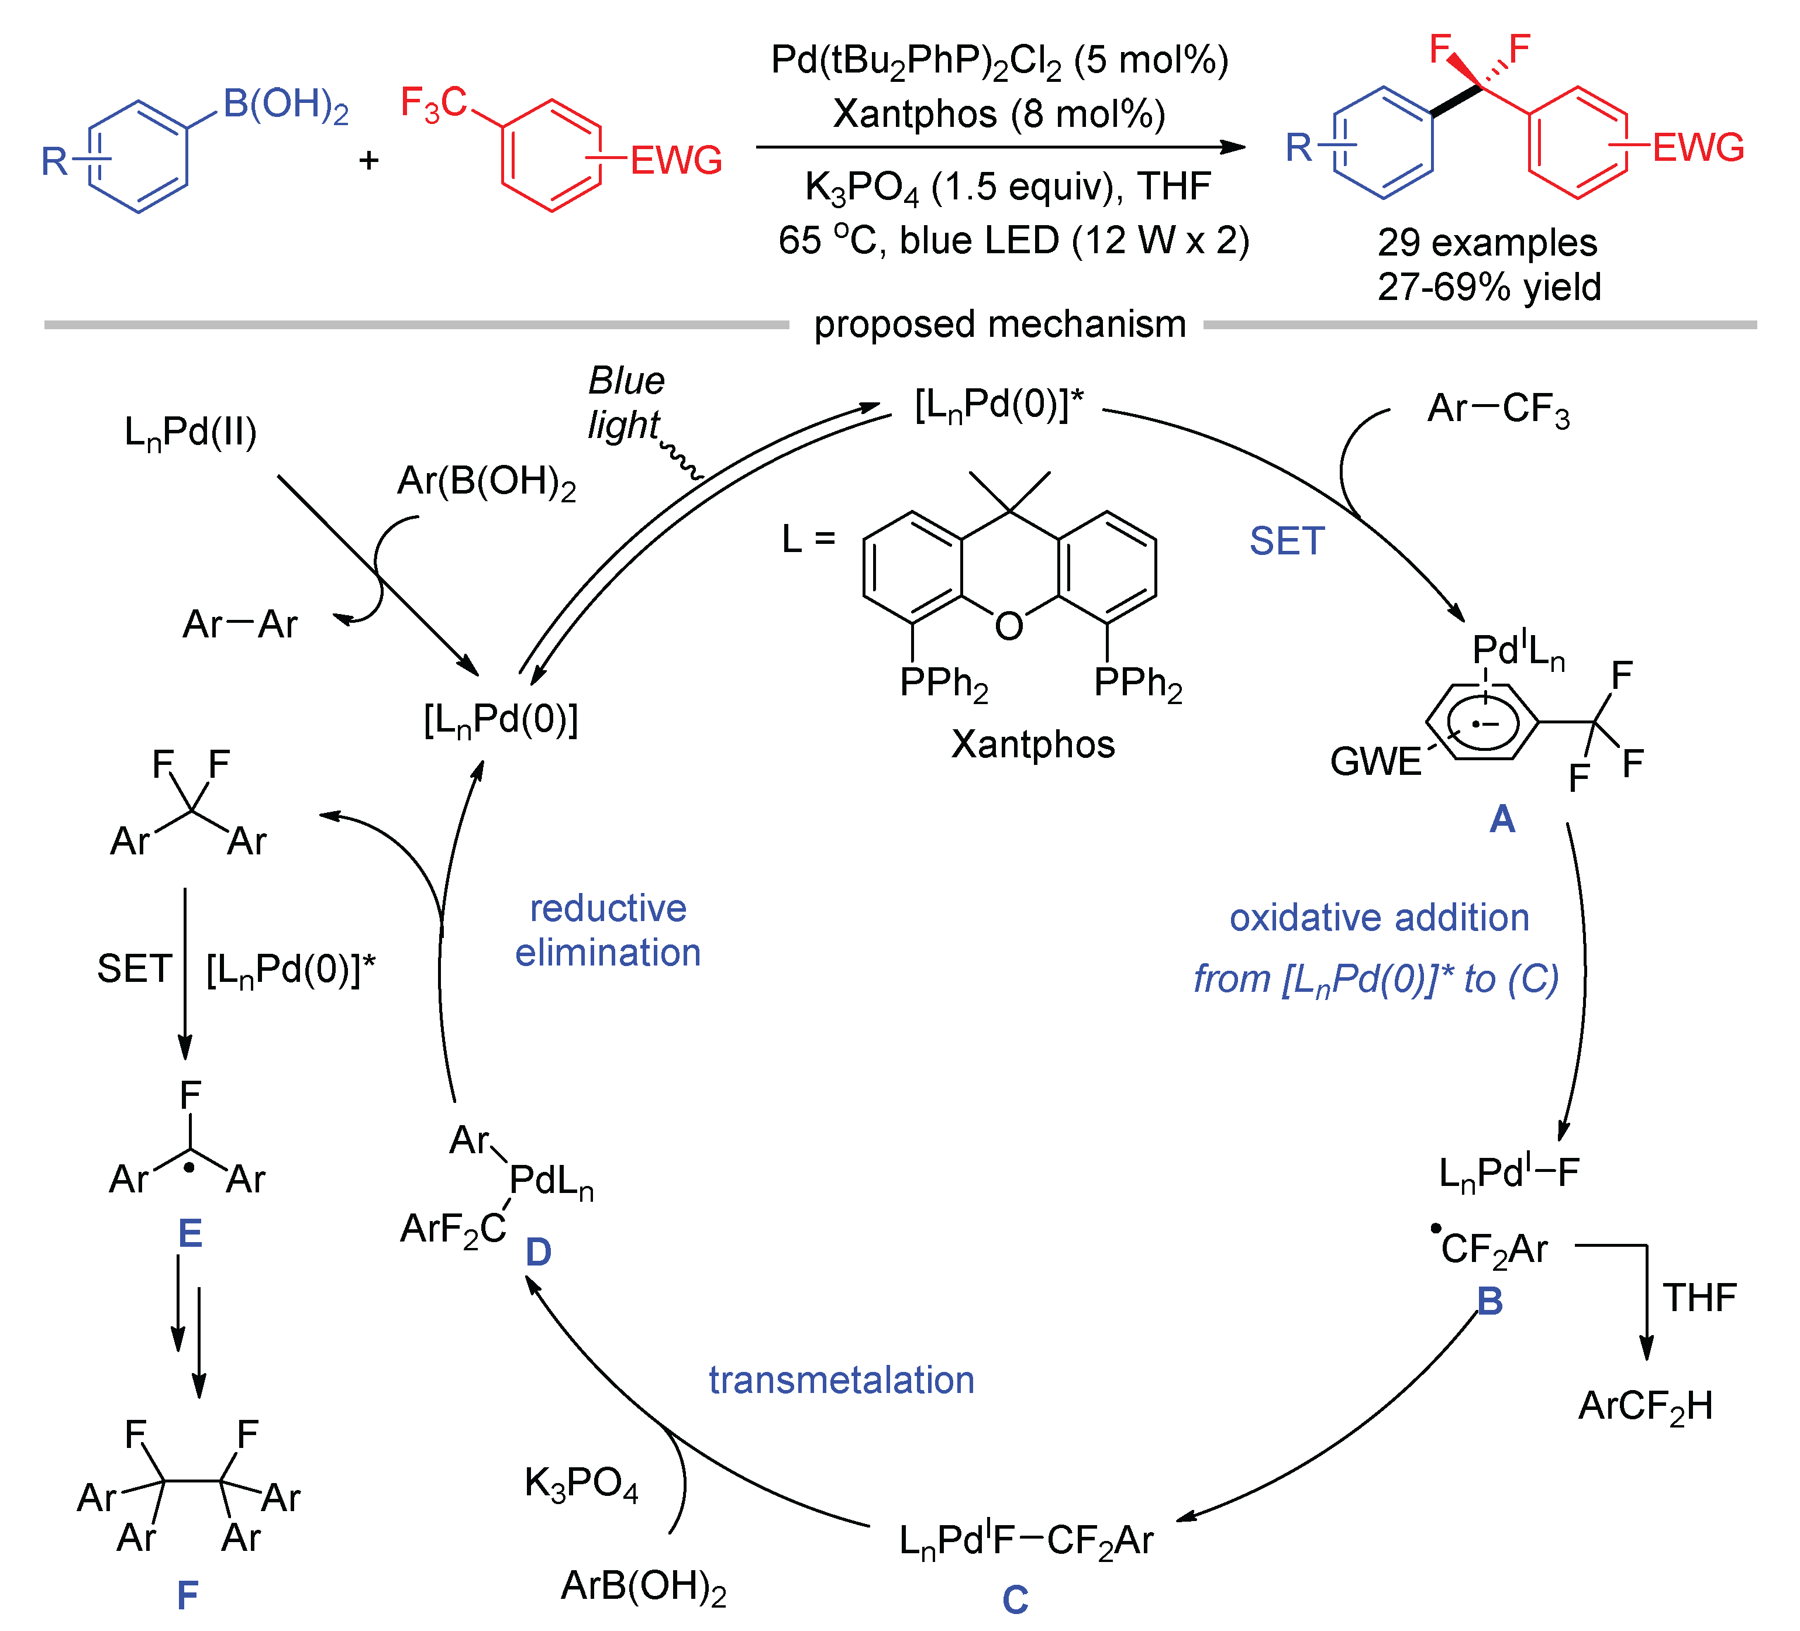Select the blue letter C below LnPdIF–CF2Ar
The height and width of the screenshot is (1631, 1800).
click(1015, 1600)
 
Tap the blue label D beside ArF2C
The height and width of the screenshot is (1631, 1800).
click(539, 1253)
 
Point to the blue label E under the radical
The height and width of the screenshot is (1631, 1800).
click(190, 1234)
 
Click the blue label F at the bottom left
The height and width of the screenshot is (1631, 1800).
click(188, 1595)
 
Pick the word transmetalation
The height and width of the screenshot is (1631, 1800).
click(841, 1380)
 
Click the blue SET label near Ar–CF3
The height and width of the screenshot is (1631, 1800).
click(1287, 541)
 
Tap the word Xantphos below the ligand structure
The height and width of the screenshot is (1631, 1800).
click(1033, 744)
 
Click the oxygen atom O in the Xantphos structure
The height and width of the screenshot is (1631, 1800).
click(1009, 627)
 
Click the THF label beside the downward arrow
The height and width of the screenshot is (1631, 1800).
click(1699, 1298)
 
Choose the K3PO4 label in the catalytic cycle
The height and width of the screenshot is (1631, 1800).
click(581, 1483)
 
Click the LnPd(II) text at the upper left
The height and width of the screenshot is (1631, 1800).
click(190, 433)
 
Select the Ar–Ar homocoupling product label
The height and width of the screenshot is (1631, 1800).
click(239, 624)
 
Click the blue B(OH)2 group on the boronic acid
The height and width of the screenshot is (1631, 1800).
click(286, 105)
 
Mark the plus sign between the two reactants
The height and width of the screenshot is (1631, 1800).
click(369, 161)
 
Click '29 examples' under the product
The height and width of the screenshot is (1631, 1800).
click(1487, 243)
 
